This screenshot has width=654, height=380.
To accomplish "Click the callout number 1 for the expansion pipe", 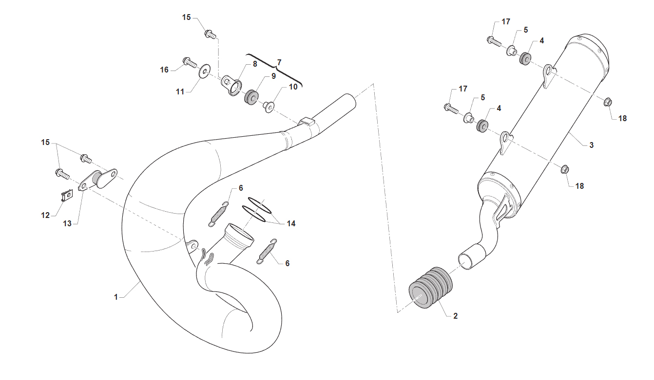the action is (x=116, y=297).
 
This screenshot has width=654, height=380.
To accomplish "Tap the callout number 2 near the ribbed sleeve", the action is (x=455, y=316).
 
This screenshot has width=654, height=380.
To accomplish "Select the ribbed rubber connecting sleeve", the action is (x=430, y=288).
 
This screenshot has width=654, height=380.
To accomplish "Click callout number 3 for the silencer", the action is (x=592, y=145).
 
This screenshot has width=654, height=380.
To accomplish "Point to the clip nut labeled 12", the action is (x=67, y=195).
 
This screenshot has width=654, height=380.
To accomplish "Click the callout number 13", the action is (x=67, y=223).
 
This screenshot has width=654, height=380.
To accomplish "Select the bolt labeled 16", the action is (x=190, y=62).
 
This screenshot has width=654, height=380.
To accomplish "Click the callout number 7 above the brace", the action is (x=279, y=62).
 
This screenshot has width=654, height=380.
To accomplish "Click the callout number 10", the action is (x=293, y=87).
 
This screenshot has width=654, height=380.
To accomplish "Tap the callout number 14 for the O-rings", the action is (x=291, y=223).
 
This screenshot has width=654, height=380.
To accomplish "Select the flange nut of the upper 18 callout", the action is (x=608, y=102).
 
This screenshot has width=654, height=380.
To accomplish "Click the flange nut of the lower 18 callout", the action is (x=565, y=169).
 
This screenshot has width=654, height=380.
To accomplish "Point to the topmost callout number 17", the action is (x=506, y=21).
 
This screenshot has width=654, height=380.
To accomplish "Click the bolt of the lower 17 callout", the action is (x=451, y=109).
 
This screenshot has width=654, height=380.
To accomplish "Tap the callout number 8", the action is (x=255, y=64).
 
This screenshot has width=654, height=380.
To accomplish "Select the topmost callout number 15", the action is (x=186, y=17).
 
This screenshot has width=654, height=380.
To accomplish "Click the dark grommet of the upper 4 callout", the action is (x=525, y=59).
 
